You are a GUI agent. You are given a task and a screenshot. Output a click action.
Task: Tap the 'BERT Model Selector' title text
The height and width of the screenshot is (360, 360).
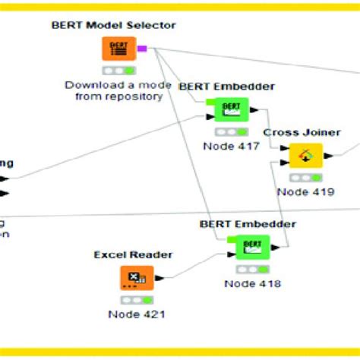click(x=114, y=25)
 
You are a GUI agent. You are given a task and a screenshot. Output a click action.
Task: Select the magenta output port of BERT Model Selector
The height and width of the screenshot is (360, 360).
click(x=142, y=48)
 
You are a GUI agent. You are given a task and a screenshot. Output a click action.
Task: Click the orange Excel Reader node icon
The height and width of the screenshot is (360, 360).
click(x=137, y=279)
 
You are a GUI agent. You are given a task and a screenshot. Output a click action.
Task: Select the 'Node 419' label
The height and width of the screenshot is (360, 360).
click(x=305, y=192)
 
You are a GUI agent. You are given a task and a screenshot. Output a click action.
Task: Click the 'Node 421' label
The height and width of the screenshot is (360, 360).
click(x=137, y=314)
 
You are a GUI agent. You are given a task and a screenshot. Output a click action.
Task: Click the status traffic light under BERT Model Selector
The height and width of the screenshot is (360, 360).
click(x=118, y=71)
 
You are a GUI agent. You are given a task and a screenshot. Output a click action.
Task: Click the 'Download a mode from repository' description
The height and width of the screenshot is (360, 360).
click(x=113, y=91)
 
